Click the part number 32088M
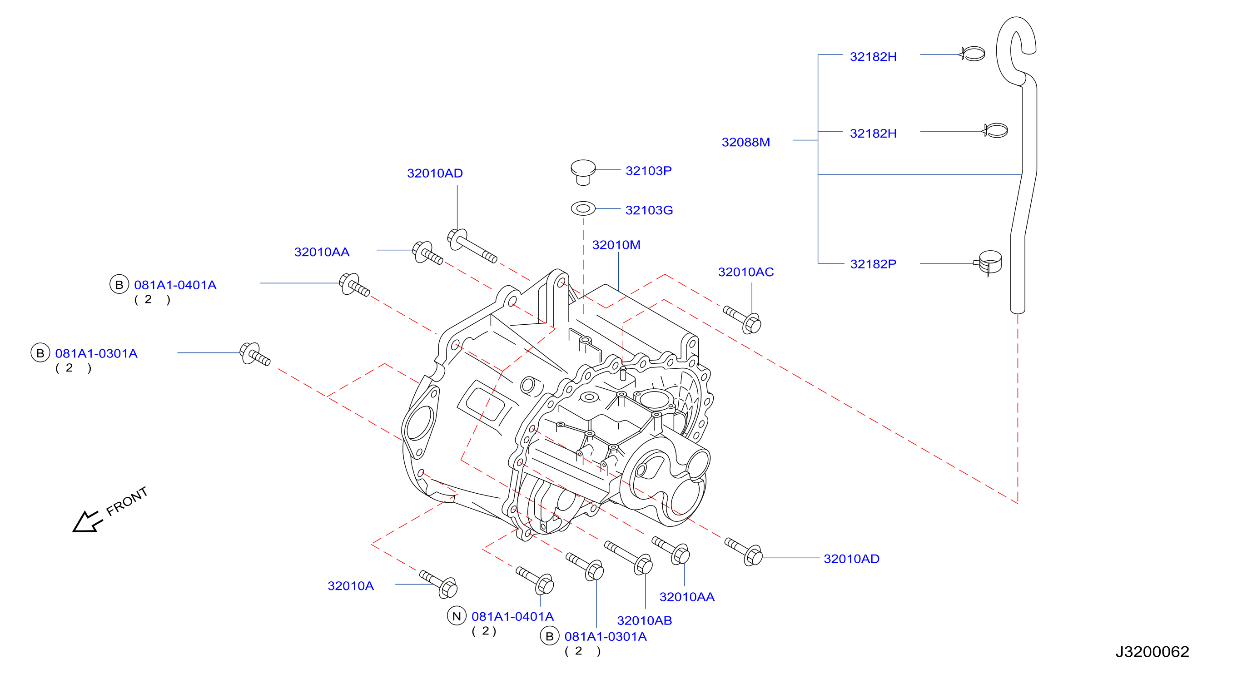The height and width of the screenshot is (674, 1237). click(x=745, y=142)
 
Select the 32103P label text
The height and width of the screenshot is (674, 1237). click(x=648, y=170)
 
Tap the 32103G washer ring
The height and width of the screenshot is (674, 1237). click(x=583, y=208)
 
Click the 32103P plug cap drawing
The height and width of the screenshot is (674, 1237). click(x=583, y=172)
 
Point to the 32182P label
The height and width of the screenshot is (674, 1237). click(x=873, y=263)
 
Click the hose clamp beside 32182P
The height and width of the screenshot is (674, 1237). click(x=989, y=263)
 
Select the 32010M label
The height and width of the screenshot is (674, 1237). click(x=616, y=245)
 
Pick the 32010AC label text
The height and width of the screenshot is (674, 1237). click(x=746, y=272)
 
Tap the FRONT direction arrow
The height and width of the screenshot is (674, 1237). click(x=87, y=522)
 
